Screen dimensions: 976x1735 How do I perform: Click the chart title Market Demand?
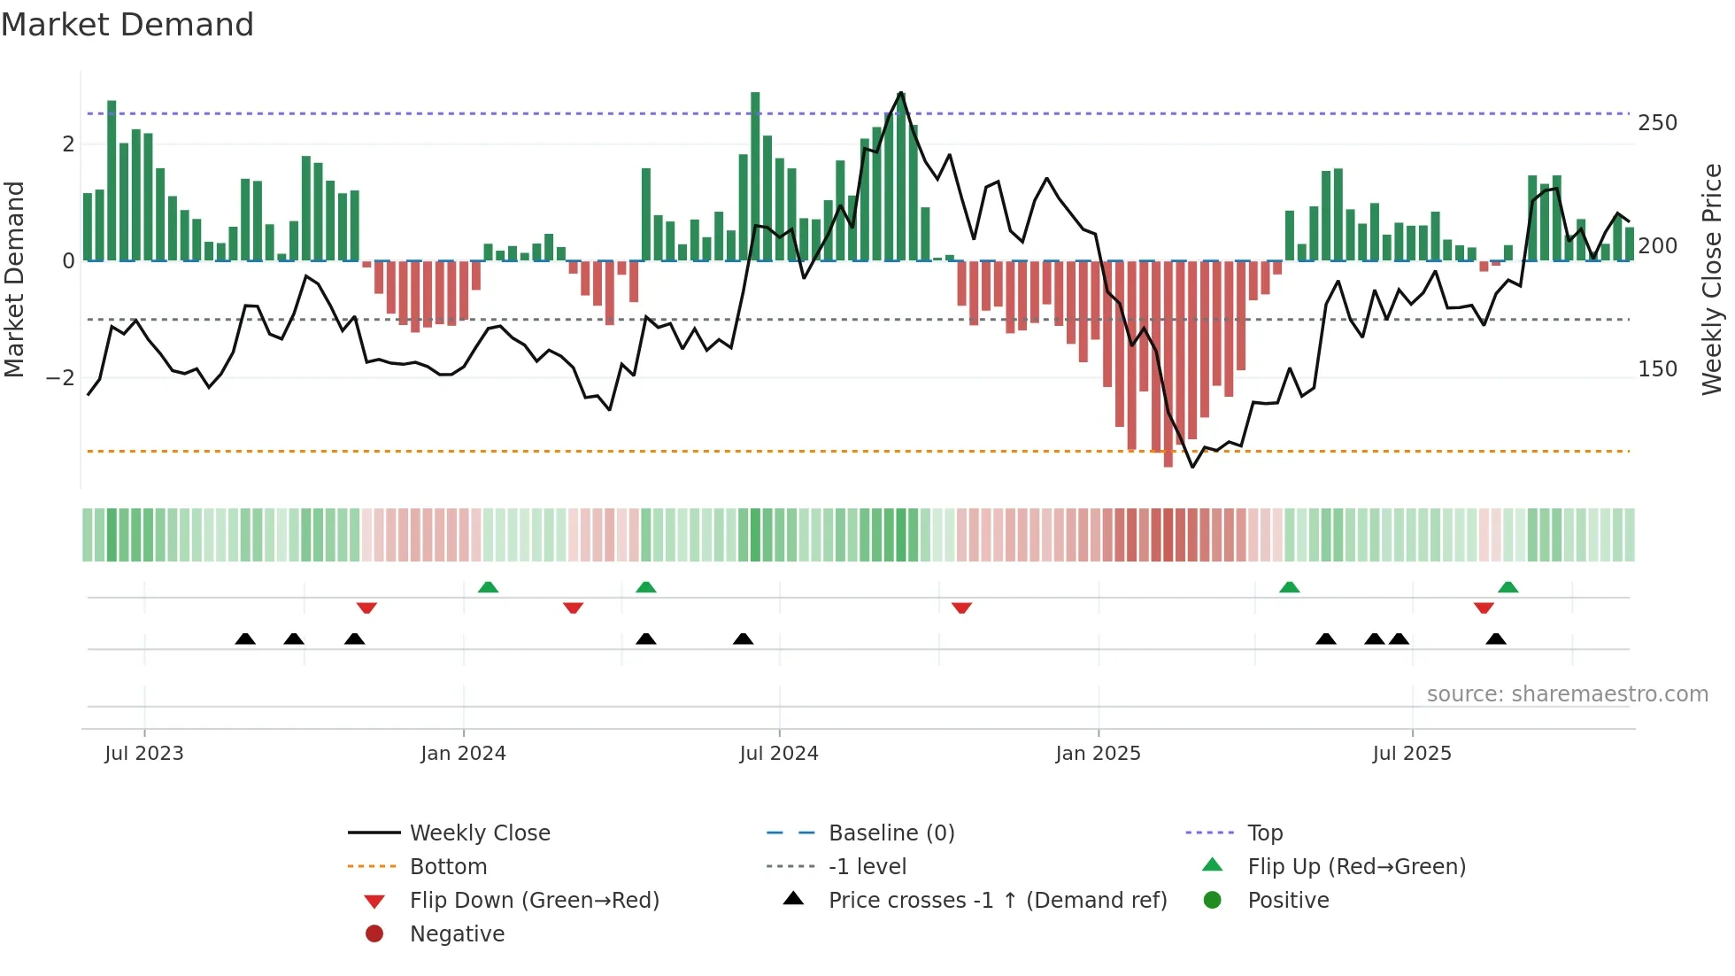click(x=127, y=24)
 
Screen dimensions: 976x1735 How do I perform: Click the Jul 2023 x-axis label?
click(x=143, y=753)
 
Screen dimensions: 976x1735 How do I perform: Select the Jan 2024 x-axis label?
click(x=463, y=753)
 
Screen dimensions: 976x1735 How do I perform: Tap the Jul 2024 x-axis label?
click(x=778, y=753)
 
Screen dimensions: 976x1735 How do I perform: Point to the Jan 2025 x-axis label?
click(x=1098, y=753)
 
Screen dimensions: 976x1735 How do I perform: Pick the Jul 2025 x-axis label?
click(x=1412, y=753)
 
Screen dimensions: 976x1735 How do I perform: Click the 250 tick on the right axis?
click(x=1657, y=122)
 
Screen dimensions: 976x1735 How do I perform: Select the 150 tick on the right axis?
click(x=1657, y=368)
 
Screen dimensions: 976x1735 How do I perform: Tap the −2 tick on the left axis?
click(x=60, y=378)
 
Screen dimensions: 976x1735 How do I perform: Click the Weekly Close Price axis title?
click(x=1712, y=279)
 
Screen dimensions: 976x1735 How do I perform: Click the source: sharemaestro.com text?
click(x=1567, y=693)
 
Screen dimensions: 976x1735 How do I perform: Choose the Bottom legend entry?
click(x=448, y=866)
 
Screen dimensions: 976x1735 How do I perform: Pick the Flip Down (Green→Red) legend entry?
click(x=534, y=900)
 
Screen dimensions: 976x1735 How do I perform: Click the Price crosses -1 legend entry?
click(x=998, y=900)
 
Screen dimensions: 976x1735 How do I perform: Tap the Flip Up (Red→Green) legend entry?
click(x=1356, y=866)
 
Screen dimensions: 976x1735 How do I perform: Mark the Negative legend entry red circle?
click(x=374, y=933)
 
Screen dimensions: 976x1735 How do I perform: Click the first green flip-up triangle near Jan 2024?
click(x=488, y=587)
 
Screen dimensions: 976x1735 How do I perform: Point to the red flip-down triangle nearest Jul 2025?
click(x=1484, y=608)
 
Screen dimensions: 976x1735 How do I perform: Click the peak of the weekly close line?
click(x=901, y=92)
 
